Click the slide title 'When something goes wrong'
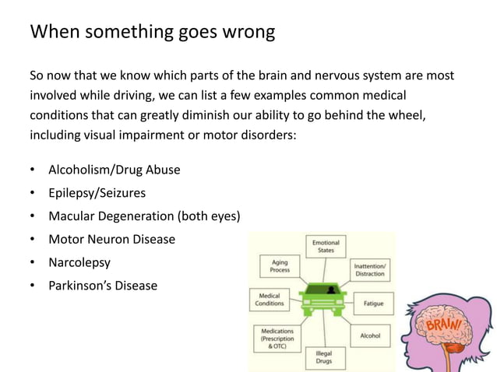pos(151,33)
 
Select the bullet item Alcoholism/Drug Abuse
pos(114,169)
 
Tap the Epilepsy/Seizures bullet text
pos(97,192)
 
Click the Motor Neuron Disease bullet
pos(111,239)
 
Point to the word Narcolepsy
pos(80,262)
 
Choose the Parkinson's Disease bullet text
pos(102,286)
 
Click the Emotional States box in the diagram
pos(326,247)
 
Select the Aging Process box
pos(280,267)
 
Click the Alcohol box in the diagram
pos(370,335)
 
